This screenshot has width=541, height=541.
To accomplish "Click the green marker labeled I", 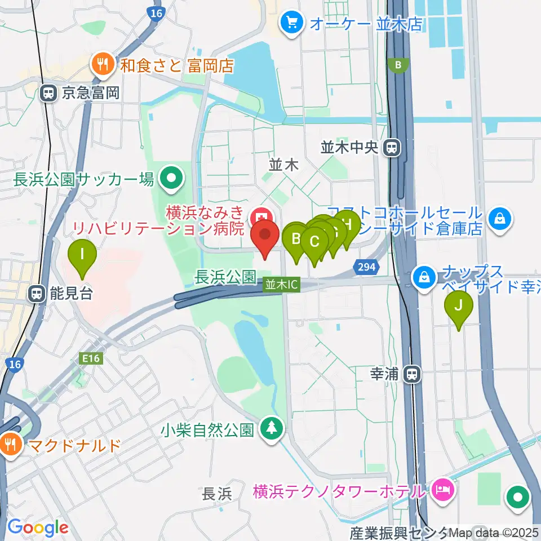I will pyautogui.click(x=82, y=255).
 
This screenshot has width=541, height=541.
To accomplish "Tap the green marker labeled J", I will pyautogui.click(x=459, y=305).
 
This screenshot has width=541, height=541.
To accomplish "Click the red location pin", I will pyautogui.click(x=265, y=234).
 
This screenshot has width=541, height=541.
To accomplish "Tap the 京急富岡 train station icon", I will pyautogui.click(x=49, y=93).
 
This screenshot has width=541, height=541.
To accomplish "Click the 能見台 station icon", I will pyautogui.click(x=37, y=293).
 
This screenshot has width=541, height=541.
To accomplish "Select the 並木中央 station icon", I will pyautogui.click(x=390, y=148).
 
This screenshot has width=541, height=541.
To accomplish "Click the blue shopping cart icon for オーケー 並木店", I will pyautogui.click(x=292, y=23).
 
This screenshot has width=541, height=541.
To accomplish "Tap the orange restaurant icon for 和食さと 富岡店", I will pyautogui.click(x=103, y=64).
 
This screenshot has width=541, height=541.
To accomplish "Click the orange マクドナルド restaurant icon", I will pyautogui.click(x=11, y=445).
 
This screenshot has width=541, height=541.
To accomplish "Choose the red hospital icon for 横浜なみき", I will pyautogui.click(x=260, y=215).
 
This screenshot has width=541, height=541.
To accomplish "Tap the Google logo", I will pyautogui.click(x=38, y=527).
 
